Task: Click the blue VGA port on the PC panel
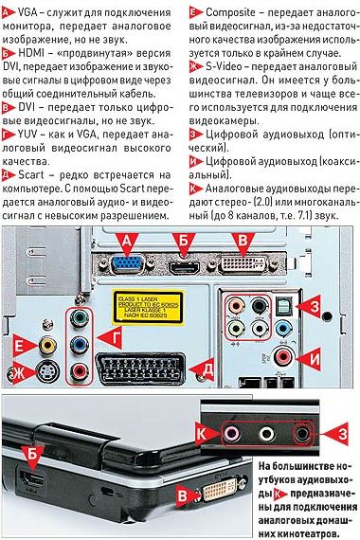129,262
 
